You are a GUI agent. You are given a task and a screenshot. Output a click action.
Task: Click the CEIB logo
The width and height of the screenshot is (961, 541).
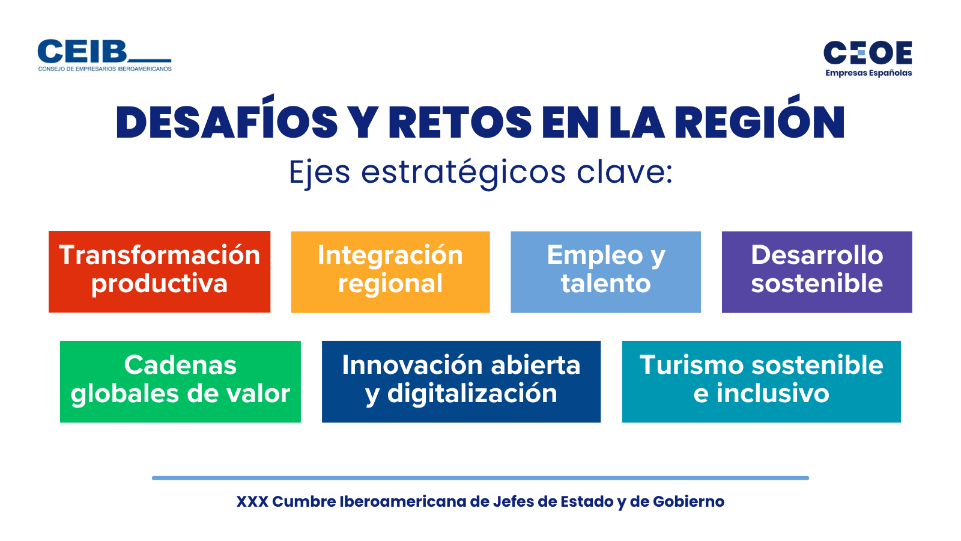tap(105, 55)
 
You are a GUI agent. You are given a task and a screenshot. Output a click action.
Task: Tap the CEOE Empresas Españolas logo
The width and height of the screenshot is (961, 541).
tap(868, 59)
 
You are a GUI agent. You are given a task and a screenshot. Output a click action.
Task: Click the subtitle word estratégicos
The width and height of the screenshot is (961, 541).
tap(463, 173)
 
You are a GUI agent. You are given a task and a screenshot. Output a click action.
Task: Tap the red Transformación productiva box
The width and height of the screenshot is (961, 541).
tap(160, 272)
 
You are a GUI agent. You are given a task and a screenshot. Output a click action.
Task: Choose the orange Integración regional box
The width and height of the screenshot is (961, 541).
tap(390, 272)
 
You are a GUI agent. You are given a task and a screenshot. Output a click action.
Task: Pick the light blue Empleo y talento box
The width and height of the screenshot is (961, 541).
tap(606, 272)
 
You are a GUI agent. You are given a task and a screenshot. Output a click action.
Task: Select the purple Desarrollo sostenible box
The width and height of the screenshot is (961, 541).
tap(817, 272)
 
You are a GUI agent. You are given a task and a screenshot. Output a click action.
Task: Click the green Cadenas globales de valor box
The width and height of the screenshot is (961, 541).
tap(180, 382)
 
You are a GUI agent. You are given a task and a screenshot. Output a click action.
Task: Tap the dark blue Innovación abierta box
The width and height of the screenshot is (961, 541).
tap(461, 382)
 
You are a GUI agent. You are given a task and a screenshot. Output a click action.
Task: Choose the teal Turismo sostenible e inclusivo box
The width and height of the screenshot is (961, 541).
tap(762, 382)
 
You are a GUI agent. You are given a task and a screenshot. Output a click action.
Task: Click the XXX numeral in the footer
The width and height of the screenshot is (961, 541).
tap(252, 501)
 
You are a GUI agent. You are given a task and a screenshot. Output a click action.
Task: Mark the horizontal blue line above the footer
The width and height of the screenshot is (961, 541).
tap(480, 478)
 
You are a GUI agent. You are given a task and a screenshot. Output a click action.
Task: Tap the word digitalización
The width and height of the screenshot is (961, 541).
tap(472, 394)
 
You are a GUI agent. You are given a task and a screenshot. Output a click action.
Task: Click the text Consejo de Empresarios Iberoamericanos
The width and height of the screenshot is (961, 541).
tap(105, 69)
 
